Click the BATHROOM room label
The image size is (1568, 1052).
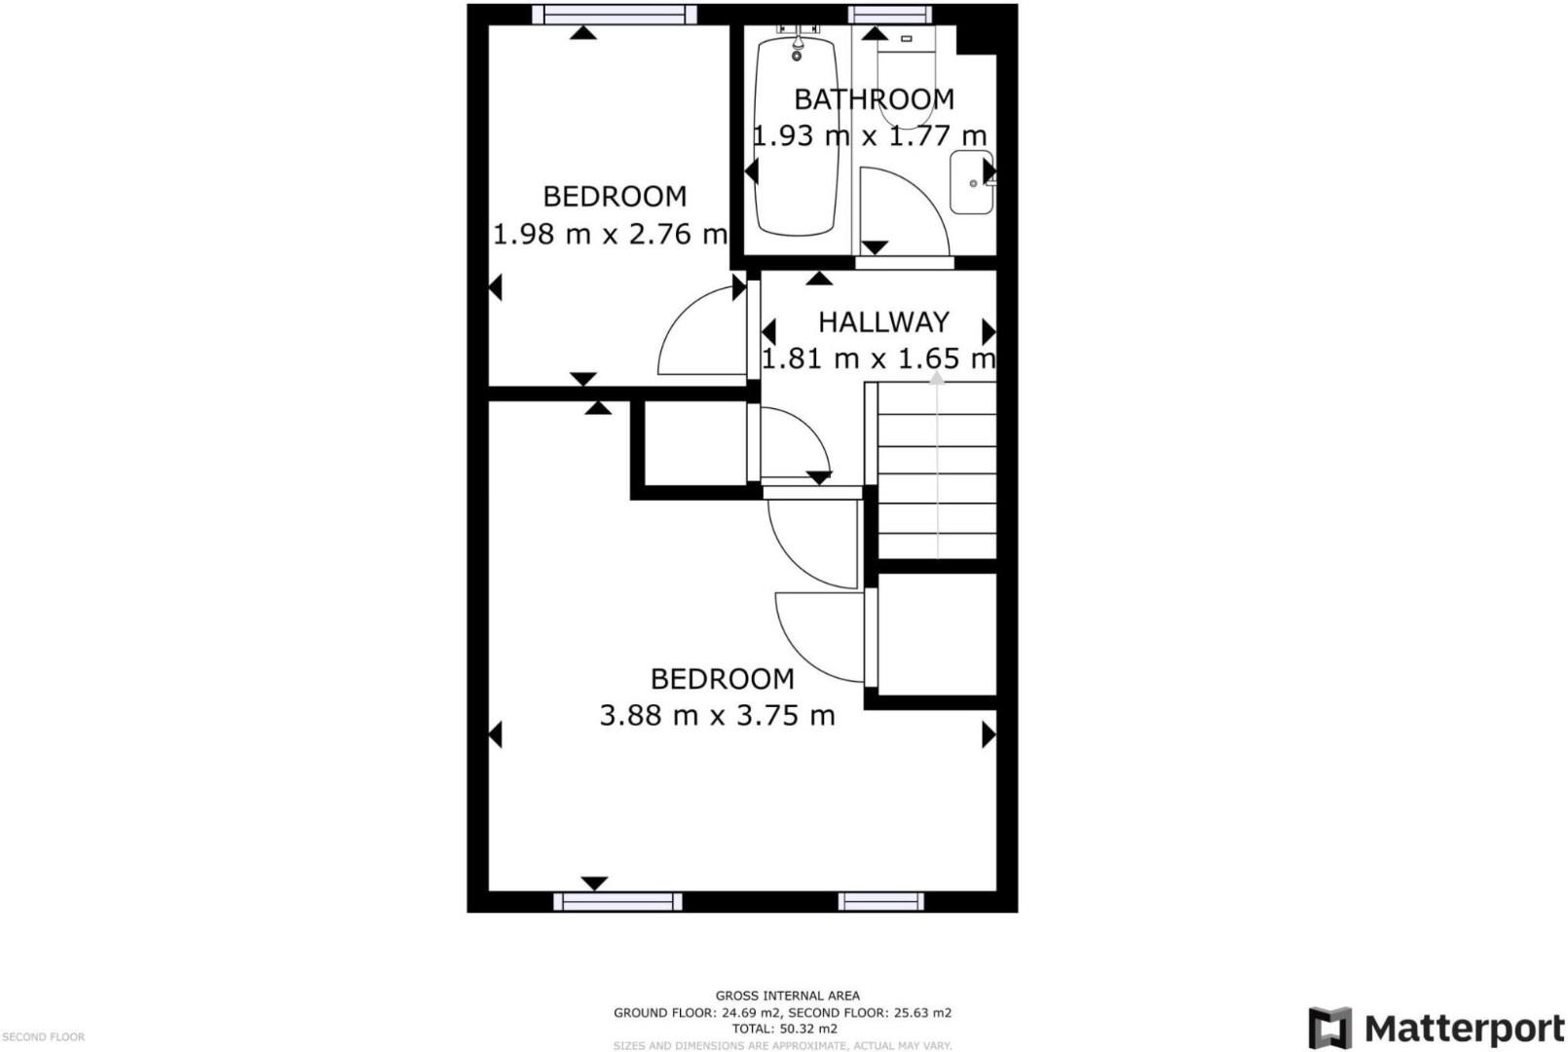pyautogui.click(x=874, y=99)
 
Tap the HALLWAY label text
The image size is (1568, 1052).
pyautogui.click(x=882, y=321)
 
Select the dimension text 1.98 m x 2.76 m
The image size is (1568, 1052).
pyautogui.click(x=610, y=234)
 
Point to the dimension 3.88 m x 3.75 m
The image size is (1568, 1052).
pyautogui.click(x=717, y=715)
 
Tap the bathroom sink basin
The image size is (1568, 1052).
pyautogui.click(x=970, y=182)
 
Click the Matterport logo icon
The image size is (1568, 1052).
pyautogui.click(x=1329, y=1028)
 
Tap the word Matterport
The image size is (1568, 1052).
pyautogui.click(x=1464, y=1029)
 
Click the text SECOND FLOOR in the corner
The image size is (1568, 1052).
pyautogui.click(x=43, y=1037)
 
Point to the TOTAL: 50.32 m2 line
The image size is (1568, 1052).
pyautogui.click(x=784, y=1029)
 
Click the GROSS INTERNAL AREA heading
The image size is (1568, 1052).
pyautogui.click(x=787, y=996)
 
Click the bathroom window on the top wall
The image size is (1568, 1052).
pyautogui.click(x=889, y=14)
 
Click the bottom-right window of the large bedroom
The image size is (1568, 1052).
pyautogui.click(x=880, y=901)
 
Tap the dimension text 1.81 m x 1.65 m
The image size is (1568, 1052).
pyautogui.click(x=877, y=358)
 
